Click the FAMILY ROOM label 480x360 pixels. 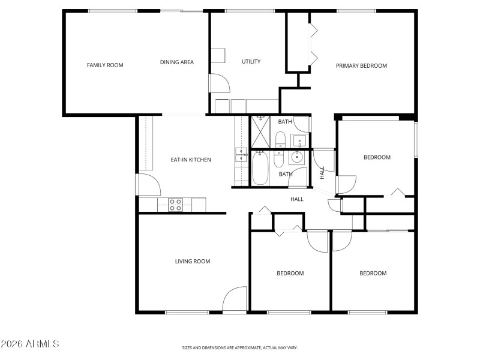105,65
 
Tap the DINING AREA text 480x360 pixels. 176,62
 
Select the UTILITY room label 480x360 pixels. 251,61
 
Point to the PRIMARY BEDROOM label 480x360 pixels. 361,65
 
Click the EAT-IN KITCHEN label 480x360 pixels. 191,160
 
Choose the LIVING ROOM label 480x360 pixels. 192,261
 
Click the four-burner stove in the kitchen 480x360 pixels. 175,205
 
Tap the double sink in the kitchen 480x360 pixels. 241,155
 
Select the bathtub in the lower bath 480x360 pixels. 260,169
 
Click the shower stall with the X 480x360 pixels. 261,131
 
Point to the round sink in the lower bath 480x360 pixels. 297,158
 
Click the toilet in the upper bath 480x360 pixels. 280,140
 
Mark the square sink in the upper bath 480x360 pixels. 300,141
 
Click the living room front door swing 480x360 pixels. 235,299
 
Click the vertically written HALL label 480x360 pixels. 322,173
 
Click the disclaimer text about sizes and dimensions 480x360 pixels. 240,347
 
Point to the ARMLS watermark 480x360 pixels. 30,344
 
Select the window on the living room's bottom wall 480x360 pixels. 187,312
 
